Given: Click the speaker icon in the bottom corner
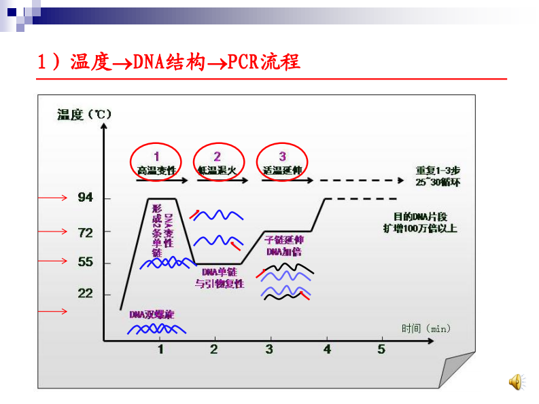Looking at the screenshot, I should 516,382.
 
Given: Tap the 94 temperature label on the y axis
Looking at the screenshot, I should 85,198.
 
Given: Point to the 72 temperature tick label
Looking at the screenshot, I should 85,232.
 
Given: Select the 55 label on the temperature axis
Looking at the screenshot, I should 85,262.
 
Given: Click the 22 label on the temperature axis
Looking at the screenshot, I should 85,294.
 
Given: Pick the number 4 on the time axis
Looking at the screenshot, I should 327,349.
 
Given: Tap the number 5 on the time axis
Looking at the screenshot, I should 381,349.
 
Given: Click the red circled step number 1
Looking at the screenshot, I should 156,156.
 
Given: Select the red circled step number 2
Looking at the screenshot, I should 218,156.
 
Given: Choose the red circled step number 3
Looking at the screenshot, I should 283,156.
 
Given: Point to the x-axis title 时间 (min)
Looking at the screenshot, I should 425,329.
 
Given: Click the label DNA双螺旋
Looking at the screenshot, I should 152,314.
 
